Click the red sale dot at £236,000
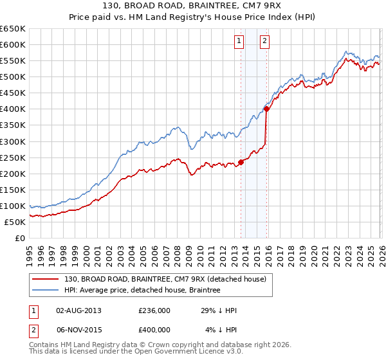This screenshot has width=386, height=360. [241, 162]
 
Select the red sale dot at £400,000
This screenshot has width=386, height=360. [266, 109]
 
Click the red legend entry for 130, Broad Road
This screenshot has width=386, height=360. [169, 278]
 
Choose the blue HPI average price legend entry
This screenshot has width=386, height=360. [142, 291]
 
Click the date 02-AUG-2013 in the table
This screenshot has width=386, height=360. [79, 310]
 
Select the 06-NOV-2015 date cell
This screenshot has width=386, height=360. [79, 330]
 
